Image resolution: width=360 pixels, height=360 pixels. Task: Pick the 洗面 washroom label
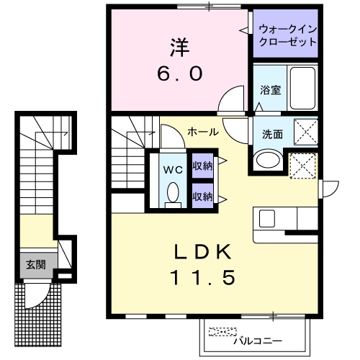pos(271,134)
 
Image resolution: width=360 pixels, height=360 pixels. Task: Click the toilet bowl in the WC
pos(172,193)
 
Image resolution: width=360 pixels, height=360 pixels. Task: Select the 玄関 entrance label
pos(36,265)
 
